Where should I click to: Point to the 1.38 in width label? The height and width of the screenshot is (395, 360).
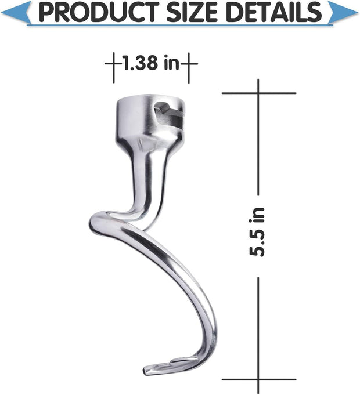150,62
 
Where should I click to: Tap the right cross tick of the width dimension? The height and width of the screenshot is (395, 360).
189,62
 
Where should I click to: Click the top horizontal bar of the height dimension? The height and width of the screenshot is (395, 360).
259,93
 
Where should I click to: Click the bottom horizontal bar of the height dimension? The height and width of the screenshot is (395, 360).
259,379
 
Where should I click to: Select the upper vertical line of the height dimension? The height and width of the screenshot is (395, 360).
259,145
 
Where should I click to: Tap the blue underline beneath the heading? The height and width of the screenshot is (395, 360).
180,25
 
